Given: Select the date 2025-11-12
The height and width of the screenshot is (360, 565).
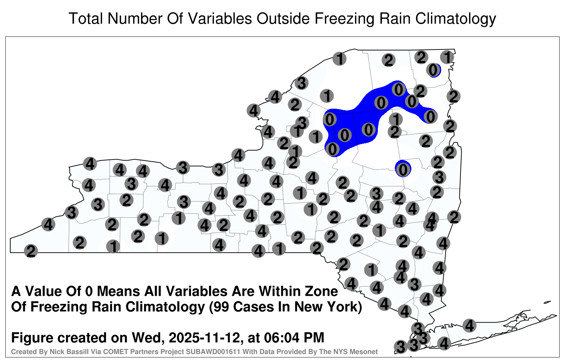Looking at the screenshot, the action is point(204,338).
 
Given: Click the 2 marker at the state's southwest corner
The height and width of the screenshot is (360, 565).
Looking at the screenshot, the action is point(31,251).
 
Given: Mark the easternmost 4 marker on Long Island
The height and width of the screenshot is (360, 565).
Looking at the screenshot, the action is point(469,325).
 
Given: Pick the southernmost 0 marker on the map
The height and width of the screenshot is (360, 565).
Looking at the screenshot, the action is point(403,170).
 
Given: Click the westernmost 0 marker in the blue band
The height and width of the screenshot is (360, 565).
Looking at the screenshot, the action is point(329,119).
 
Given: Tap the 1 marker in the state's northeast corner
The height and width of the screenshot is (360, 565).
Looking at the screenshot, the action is point(447,57).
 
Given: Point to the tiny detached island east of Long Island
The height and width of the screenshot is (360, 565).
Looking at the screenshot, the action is point(547,302).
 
